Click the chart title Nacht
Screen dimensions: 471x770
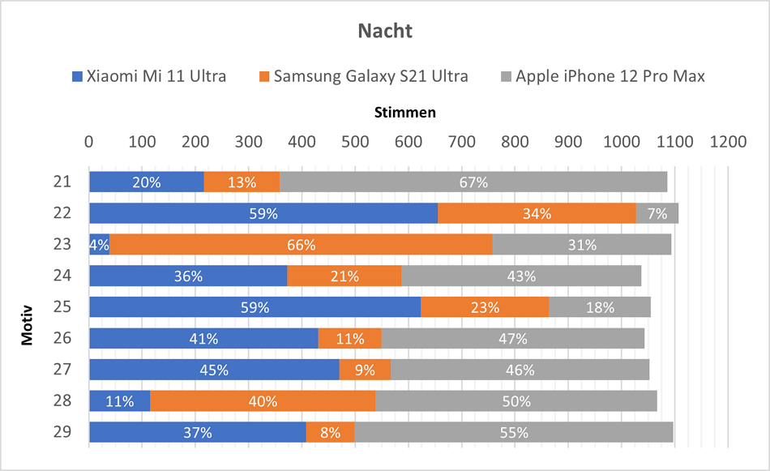385,32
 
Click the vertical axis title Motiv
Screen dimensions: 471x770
28,323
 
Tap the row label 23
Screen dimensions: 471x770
62,244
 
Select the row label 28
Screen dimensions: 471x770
62,400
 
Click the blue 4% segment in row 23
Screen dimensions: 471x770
99,245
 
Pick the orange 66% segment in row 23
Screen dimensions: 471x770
301,245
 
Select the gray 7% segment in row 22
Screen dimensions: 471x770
657,214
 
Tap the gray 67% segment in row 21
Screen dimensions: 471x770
473,182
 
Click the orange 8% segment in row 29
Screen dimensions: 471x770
330,432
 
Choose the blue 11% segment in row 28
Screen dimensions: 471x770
119,401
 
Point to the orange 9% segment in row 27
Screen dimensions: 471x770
365,370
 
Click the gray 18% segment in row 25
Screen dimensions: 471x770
600,307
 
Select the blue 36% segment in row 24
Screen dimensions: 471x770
188,276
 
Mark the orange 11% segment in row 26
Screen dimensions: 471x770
349,339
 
